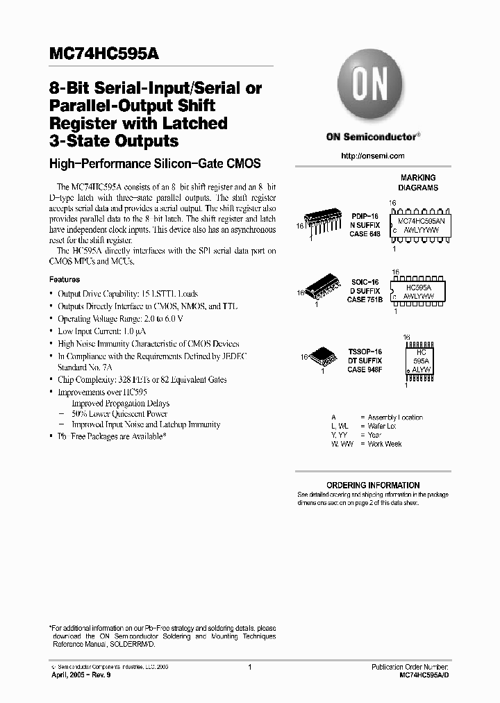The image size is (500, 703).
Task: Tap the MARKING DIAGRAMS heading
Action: click(x=418, y=183)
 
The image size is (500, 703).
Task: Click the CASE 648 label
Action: click(x=365, y=234)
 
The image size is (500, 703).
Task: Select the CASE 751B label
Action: click(x=365, y=299)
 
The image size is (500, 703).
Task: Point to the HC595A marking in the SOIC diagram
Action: click(x=418, y=286)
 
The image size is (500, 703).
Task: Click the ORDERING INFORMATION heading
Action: click(x=373, y=485)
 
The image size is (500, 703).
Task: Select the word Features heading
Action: click(x=65, y=279)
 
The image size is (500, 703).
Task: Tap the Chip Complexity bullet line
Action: click(x=142, y=380)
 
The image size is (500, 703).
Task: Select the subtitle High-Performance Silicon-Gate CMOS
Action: click(x=155, y=164)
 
